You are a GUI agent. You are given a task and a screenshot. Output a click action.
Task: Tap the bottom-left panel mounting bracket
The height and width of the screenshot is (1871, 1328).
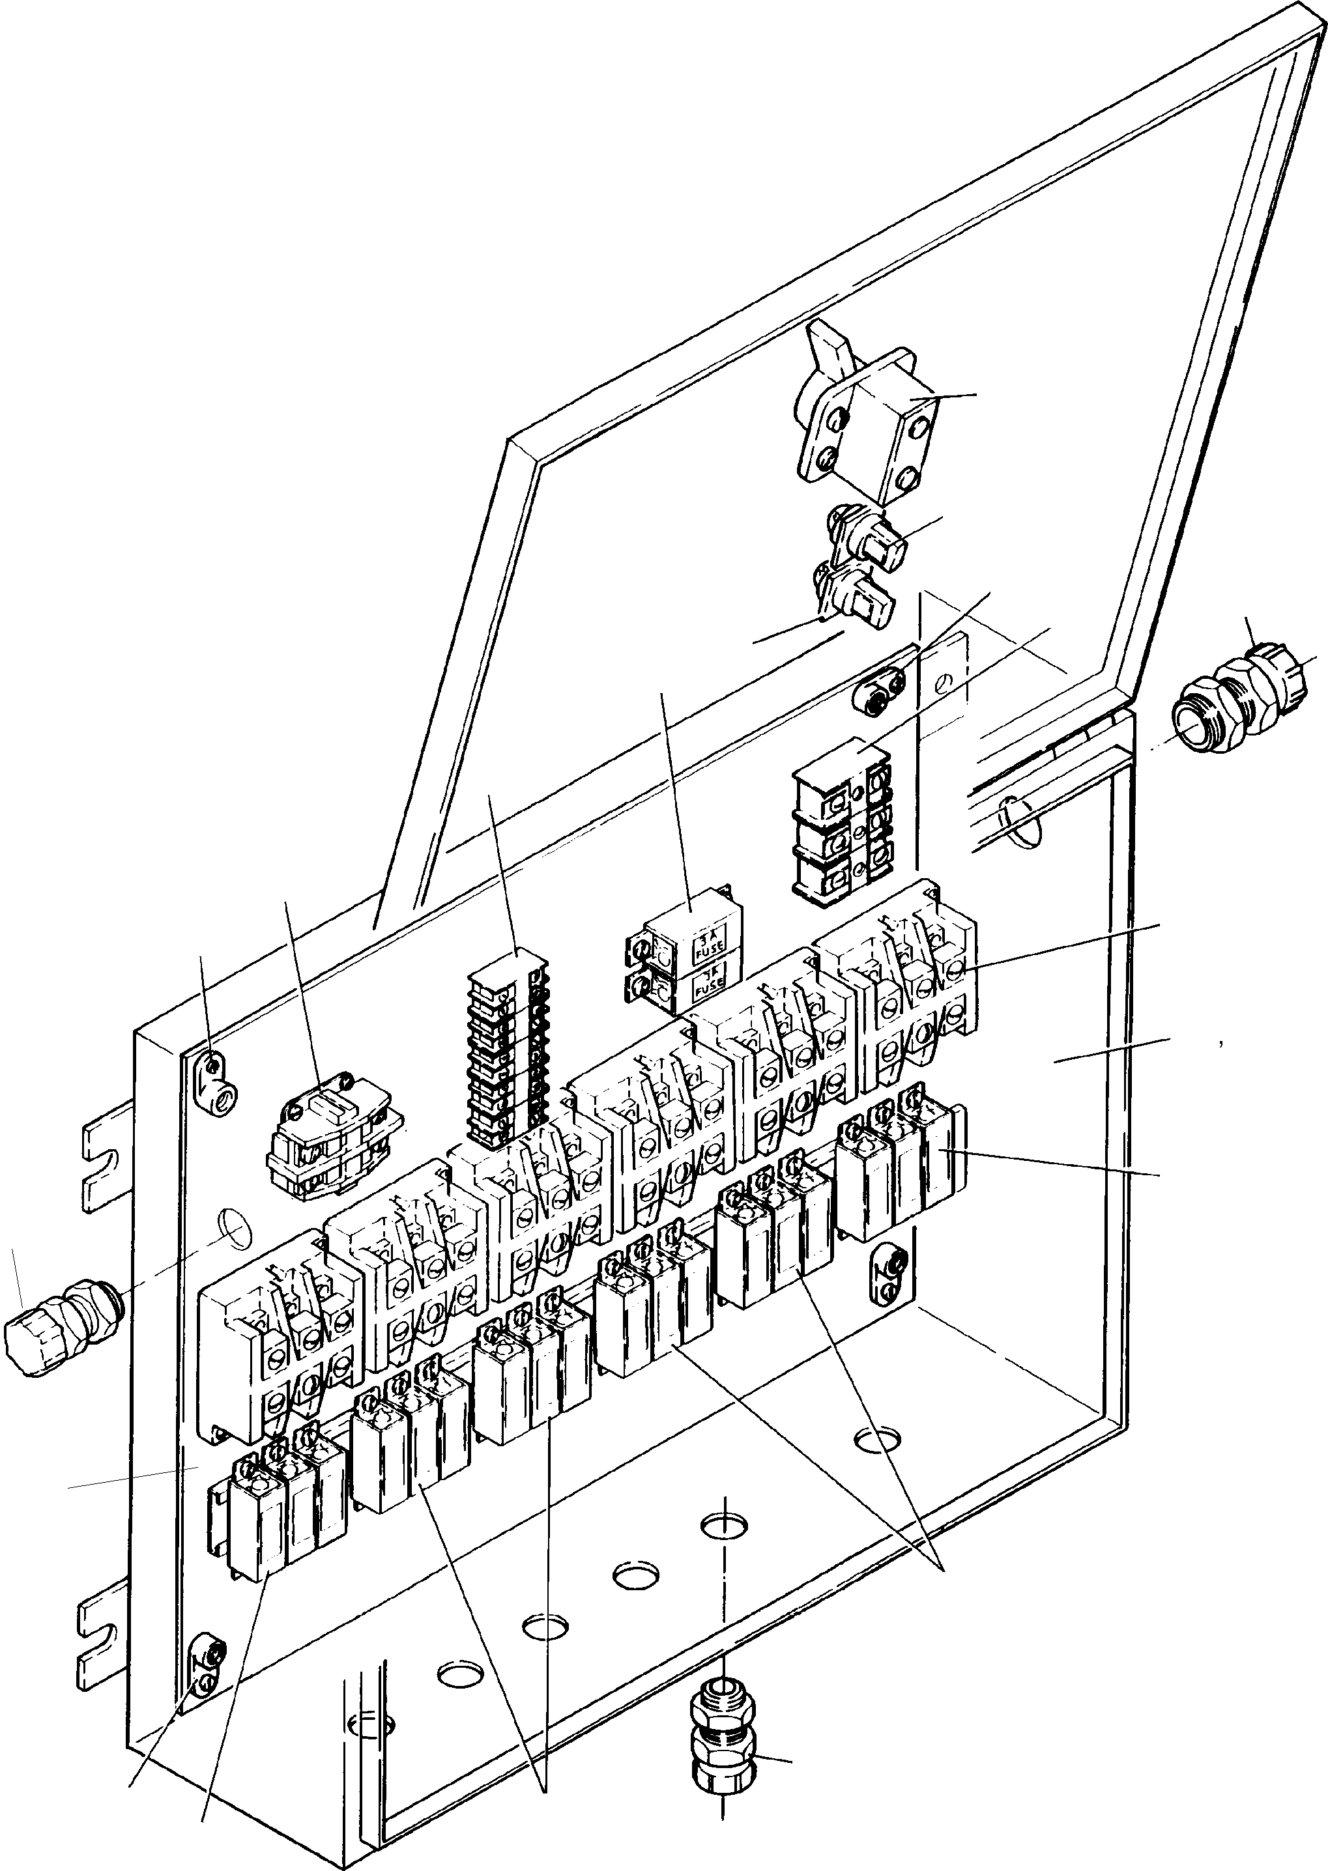point(206,1666)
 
